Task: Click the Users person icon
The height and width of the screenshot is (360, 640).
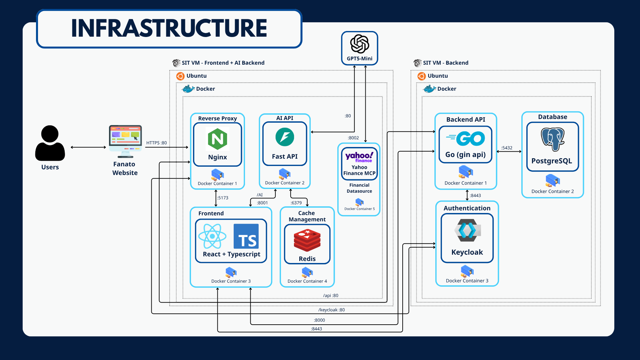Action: [x=50, y=143]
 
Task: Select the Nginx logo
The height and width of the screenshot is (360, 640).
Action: [x=217, y=139]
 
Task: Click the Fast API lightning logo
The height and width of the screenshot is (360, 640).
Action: [x=285, y=137]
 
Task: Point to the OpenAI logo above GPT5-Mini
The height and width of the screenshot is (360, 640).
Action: [x=359, y=44]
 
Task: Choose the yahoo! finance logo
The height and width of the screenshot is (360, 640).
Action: [x=359, y=157]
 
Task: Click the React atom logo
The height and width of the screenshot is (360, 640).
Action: [x=212, y=236]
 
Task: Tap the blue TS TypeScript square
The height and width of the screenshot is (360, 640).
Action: [x=246, y=236]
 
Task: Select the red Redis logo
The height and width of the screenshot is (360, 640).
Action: [x=307, y=240]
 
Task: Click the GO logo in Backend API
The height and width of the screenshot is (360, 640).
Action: [x=466, y=138]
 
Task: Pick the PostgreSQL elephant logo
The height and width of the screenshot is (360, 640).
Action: [x=552, y=139]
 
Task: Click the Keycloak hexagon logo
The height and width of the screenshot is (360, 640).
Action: [x=467, y=230]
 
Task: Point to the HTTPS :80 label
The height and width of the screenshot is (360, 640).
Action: [x=156, y=143]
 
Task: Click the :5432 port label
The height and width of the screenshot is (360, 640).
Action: [x=507, y=148]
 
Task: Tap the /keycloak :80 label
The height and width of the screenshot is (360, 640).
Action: [x=331, y=310]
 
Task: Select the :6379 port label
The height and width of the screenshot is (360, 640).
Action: [x=296, y=203]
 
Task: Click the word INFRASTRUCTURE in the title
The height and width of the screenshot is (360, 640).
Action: [x=169, y=28]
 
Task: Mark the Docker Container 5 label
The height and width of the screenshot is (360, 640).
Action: [x=359, y=209]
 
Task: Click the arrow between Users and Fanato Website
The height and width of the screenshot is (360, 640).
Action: [x=88, y=147]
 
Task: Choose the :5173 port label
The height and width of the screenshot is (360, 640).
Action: [x=223, y=198]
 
